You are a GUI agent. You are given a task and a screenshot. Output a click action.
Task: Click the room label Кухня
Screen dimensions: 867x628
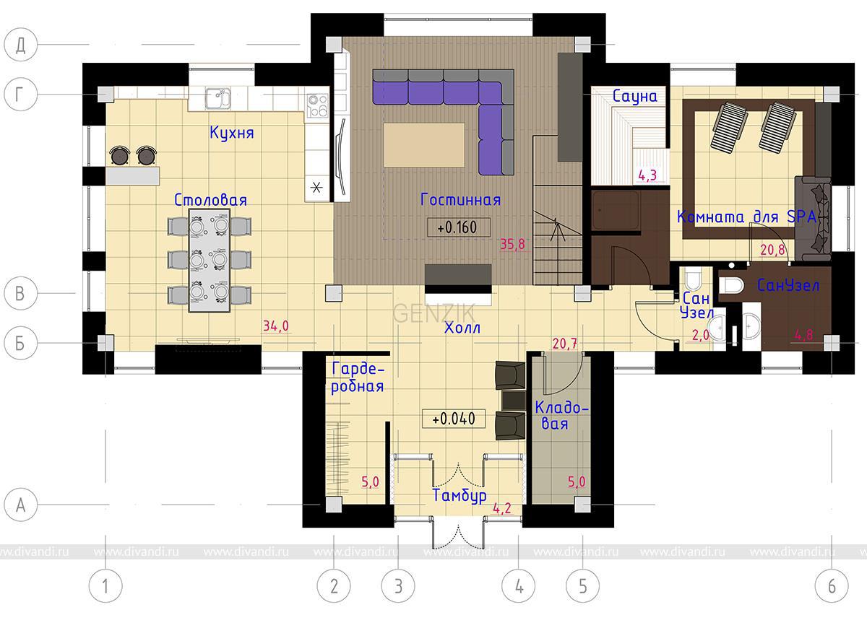pos(231,133)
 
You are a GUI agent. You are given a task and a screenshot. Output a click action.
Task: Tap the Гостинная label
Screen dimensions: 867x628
pos(460,200)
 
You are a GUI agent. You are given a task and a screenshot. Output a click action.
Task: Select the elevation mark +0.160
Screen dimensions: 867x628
pos(458,227)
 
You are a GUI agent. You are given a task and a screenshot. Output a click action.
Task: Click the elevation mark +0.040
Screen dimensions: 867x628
pos(453,419)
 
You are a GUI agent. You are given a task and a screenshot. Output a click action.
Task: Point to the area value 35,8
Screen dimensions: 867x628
pos(512,245)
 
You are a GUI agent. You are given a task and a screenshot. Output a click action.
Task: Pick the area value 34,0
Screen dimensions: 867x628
pos(275,326)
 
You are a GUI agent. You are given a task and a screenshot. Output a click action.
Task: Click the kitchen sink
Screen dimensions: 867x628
pos(218,98)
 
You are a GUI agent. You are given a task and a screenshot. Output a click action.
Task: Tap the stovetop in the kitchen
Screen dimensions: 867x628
pos(317,105)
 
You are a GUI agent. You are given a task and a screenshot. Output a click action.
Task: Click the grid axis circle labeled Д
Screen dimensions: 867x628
pos(20,45)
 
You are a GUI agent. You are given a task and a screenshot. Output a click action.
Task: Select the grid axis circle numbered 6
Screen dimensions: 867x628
pos(832,586)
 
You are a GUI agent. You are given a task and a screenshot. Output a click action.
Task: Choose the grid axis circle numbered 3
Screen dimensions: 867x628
pos(398,586)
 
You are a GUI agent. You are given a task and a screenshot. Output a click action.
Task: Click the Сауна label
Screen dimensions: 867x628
pos(635,96)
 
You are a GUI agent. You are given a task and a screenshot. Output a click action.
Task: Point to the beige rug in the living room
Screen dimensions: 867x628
pos(424,145)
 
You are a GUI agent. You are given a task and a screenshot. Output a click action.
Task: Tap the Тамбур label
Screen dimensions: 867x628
pos(459,495)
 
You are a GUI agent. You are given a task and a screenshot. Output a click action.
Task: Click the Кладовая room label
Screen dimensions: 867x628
pos(561,416)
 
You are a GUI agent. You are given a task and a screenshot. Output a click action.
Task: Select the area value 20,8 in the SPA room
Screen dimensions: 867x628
pos(772,250)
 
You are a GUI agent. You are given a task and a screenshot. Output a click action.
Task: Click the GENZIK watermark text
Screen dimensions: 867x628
pos(434,313)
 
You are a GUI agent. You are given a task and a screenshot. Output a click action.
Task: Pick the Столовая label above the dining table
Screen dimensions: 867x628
pos(210,200)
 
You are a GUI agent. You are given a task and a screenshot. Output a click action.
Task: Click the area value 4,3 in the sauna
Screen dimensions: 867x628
pos(647,175)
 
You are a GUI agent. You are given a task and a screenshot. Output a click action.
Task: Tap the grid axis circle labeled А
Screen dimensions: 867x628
pos(20,505)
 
